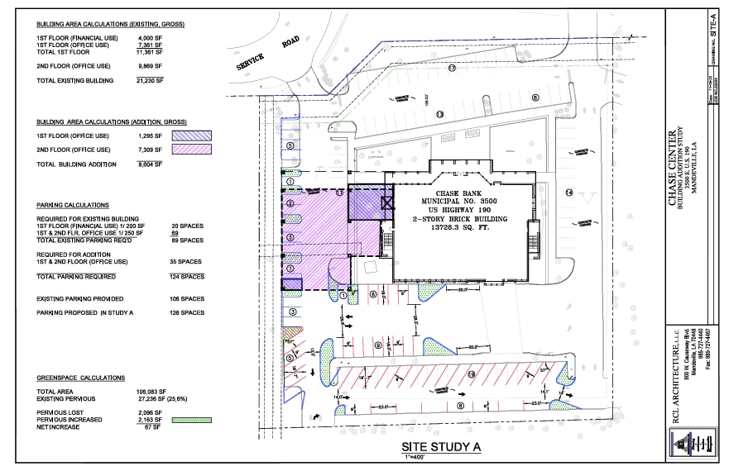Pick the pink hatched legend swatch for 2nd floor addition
[x=191, y=150]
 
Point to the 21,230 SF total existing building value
[x=151, y=81]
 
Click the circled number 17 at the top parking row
[x=452, y=69]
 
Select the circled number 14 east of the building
[x=569, y=193]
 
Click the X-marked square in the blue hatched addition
[x=386, y=202]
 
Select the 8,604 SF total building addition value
[x=151, y=164]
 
